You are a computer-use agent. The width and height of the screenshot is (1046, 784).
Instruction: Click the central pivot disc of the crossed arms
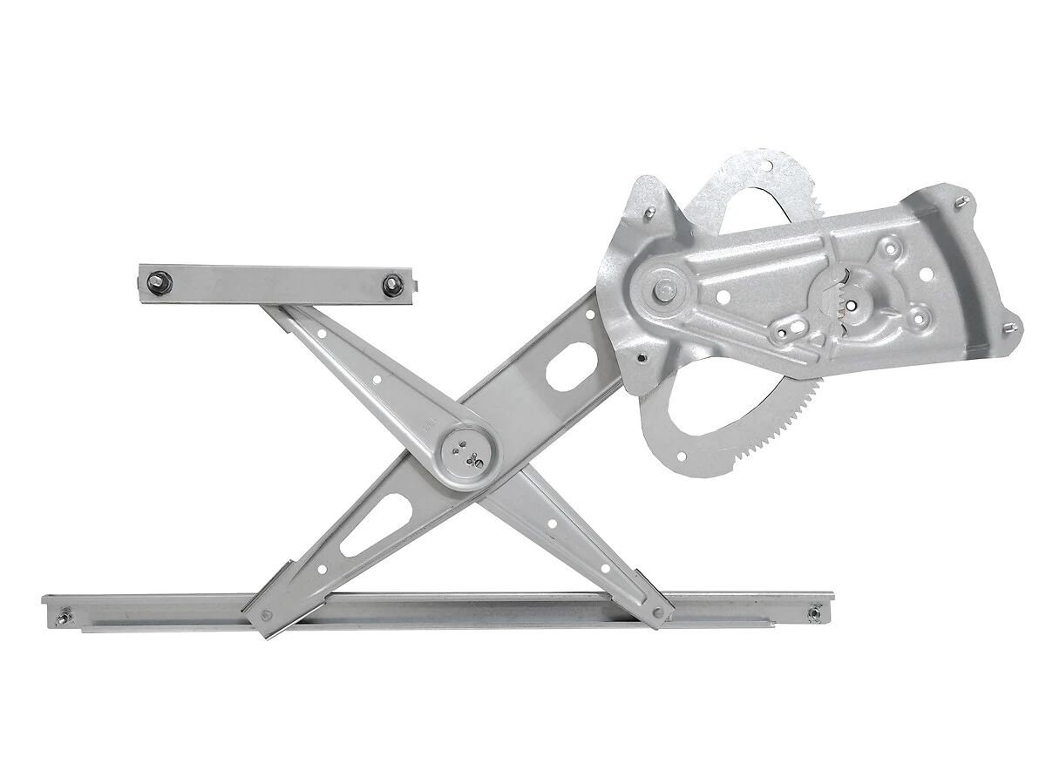click(x=468, y=454)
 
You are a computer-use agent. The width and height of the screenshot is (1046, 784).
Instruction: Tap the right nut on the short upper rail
click(x=393, y=285)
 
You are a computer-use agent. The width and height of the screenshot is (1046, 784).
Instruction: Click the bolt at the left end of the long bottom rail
click(x=62, y=619)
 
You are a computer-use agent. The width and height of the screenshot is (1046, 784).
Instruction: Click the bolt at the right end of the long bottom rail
click(x=813, y=613)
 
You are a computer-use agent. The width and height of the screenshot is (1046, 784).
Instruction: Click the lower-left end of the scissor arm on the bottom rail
click(x=266, y=615)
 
